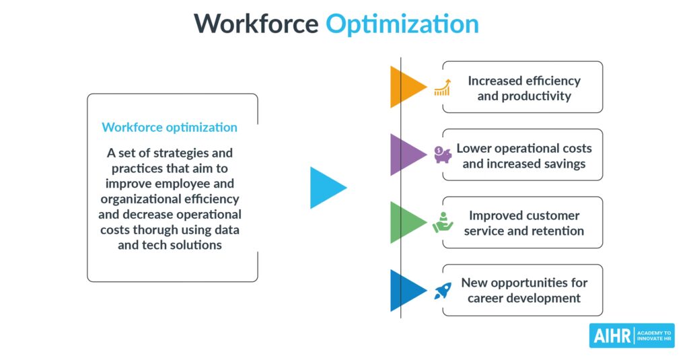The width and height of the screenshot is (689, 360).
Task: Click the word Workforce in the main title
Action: point(256,24)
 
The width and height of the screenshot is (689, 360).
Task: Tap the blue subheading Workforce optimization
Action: point(170,127)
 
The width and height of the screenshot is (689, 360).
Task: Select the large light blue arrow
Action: point(328,188)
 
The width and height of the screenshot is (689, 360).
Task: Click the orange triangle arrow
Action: point(406,87)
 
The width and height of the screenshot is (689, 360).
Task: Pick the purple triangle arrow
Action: point(406,155)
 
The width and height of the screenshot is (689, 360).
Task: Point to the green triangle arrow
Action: point(406,223)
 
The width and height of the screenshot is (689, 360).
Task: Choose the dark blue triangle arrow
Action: point(406,290)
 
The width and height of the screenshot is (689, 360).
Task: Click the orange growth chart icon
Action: point(443,87)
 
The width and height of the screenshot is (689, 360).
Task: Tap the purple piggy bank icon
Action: point(443,155)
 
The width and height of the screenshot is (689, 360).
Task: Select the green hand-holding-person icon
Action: point(443,223)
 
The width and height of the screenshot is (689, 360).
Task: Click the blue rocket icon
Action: point(443,291)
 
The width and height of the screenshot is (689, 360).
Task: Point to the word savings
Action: point(565,164)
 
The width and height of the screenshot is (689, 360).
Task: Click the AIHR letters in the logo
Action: point(612,336)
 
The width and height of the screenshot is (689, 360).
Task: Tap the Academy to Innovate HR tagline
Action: point(654,336)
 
